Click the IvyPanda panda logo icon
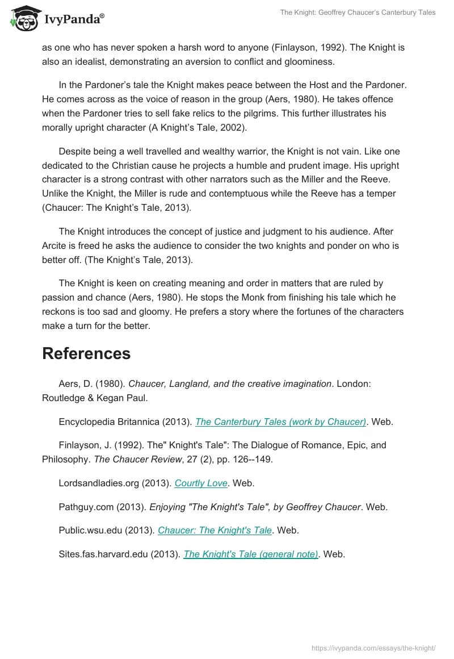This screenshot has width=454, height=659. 23,19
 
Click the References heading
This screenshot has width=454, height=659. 86,353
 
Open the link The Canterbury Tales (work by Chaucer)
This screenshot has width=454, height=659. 280,422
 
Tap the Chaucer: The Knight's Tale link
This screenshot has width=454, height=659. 215,530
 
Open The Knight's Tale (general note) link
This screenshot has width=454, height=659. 250,554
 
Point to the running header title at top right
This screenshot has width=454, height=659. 358,12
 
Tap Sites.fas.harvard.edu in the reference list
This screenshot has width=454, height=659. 103,554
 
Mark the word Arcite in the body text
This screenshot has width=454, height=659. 55,245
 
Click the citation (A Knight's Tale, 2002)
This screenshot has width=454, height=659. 198,127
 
